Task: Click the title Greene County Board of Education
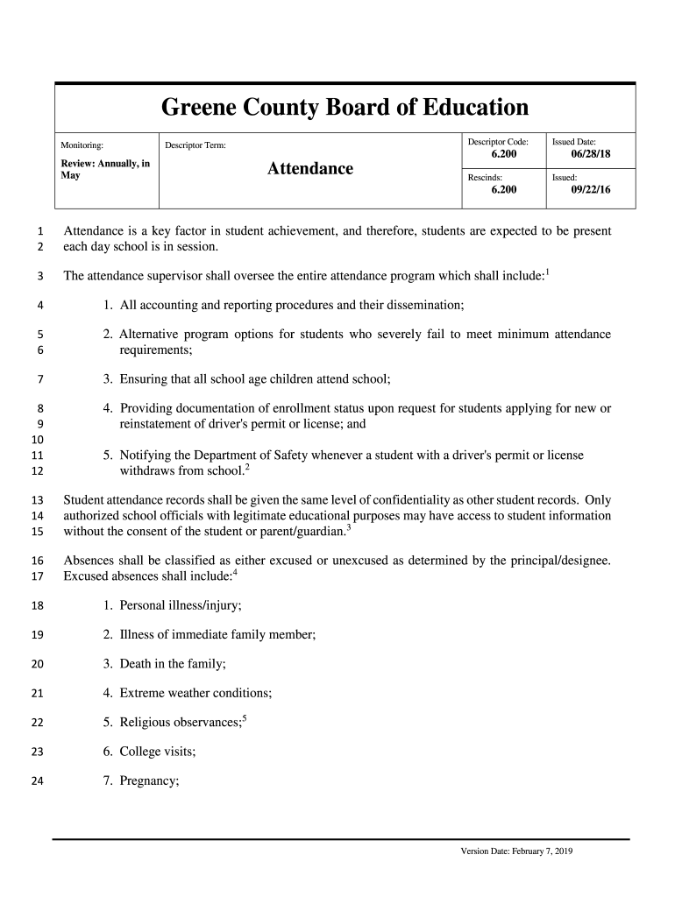(x=345, y=108)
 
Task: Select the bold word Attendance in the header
(x=310, y=168)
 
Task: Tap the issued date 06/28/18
(x=590, y=154)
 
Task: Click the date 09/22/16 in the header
(x=590, y=188)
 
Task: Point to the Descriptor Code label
(x=498, y=141)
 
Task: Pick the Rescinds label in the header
(x=485, y=176)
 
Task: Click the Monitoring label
(x=82, y=145)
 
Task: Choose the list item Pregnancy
(x=149, y=781)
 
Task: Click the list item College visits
(x=157, y=752)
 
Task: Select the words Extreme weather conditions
(x=195, y=693)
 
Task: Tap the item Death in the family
(x=173, y=663)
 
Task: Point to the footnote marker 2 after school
(x=248, y=467)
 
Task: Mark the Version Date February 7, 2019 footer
(x=516, y=851)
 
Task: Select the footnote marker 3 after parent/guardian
(x=349, y=527)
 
